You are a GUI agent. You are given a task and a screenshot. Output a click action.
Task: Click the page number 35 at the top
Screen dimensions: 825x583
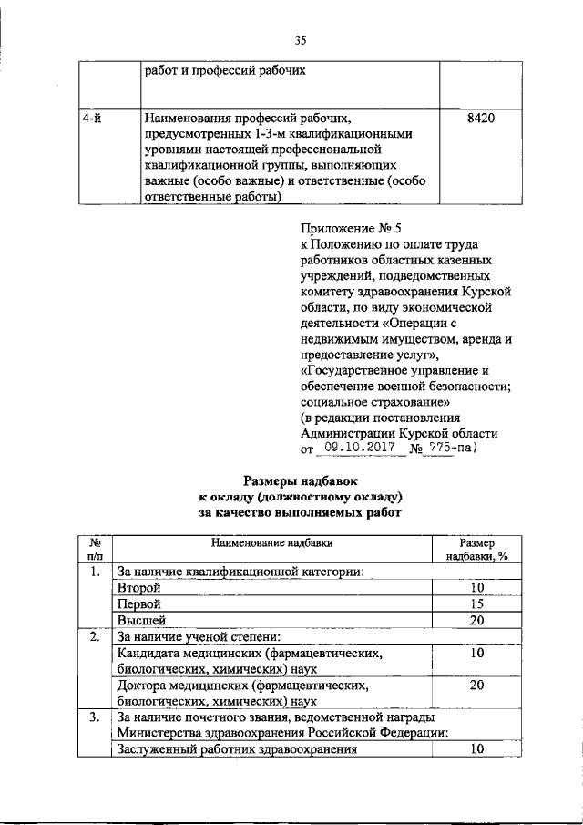click(301, 39)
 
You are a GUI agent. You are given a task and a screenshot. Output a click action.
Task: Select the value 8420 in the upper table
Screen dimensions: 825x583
click(480, 119)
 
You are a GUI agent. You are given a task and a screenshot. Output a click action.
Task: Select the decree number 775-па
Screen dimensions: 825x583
click(454, 449)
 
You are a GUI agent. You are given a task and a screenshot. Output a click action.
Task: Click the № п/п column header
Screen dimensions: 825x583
click(95, 549)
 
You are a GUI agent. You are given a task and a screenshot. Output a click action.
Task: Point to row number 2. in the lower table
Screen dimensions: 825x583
click(95, 637)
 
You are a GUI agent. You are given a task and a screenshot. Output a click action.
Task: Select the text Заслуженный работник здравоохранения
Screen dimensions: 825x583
click(235, 750)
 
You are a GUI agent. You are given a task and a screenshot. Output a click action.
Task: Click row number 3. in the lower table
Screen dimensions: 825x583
click(95, 718)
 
